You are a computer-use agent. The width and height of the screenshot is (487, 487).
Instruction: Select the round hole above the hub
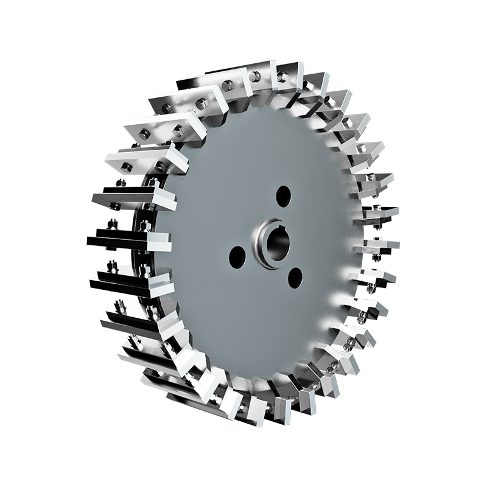pyautogui.click(x=283, y=195)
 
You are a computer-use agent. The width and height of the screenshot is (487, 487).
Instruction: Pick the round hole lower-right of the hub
pyautogui.click(x=295, y=278)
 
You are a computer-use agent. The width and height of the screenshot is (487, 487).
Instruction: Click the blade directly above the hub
pyautogui.click(x=280, y=76)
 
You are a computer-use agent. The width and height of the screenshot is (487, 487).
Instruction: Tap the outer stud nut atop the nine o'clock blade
pyautogui.click(x=111, y=226)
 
